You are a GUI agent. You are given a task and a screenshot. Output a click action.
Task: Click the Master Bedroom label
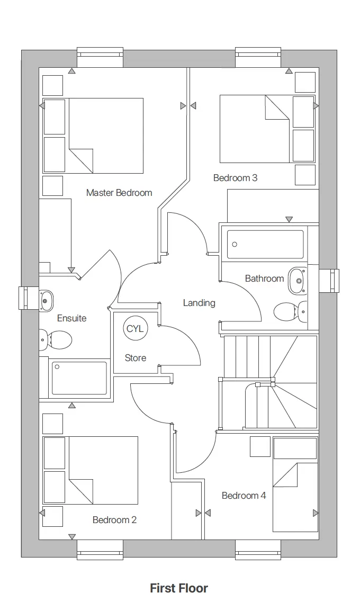(119, 193)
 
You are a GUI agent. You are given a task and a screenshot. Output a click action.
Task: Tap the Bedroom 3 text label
(235, 178)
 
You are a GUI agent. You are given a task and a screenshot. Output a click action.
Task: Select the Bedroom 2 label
(114, 520)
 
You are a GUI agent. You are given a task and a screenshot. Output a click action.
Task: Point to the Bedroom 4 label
(244, 496)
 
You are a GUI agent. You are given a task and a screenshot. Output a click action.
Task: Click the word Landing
(199, 303)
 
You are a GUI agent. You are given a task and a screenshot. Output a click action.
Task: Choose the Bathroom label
(264, 278)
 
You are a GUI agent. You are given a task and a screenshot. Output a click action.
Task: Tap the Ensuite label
(71, 318)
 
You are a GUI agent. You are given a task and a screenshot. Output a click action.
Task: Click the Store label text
(136, 358)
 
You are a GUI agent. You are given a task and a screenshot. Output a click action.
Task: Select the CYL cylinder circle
(135, 329)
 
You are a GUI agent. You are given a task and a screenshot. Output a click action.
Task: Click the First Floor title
(179, 588)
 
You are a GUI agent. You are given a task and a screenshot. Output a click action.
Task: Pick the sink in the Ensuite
(46, 301)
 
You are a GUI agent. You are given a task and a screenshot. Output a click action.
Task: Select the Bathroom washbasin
(297, 281)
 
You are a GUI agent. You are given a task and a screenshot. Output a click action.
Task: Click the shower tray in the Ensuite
(79, 378)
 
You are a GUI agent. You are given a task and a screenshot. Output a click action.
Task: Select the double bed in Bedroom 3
(255, 129)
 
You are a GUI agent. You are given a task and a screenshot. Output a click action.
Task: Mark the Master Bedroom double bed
(105, 136)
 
